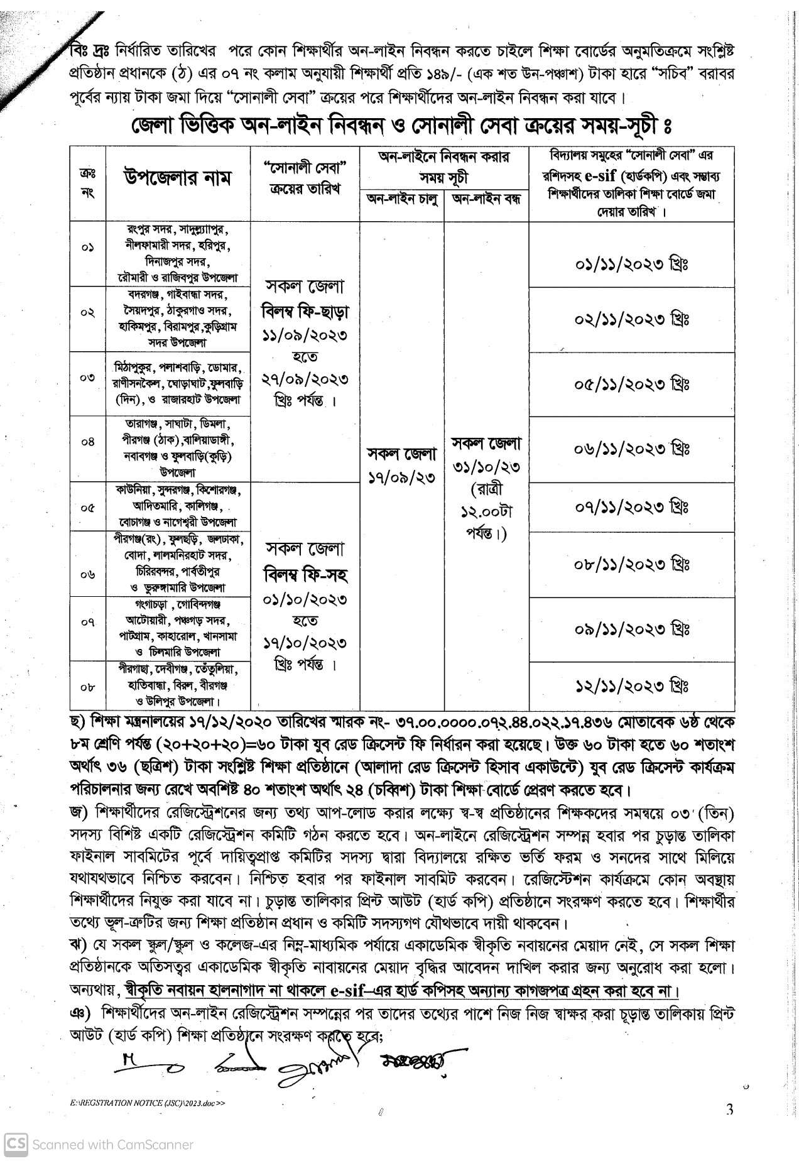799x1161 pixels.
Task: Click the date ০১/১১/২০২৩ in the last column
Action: pyautogui.click(x=631, y=264)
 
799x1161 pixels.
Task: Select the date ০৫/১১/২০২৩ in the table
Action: pyautogui.click(x=631, y=384)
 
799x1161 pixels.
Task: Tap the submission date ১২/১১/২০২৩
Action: pyautogui.click(x=631, y=684)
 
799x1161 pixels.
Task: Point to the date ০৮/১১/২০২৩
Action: pyautogui.click(x=631, y=564)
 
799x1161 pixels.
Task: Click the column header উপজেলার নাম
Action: pyautogui.click(x=177, y=178)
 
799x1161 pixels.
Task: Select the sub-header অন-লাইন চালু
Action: pyautogui.click(x=401, y=200)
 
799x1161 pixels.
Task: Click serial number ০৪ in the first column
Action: pyautogui.click(x=87, y=442)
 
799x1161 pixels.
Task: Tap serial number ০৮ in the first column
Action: pyautogui.click(x=87, y=687)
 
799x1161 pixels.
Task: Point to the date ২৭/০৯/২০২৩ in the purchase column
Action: pyautogui.click(x=305, y=379)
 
